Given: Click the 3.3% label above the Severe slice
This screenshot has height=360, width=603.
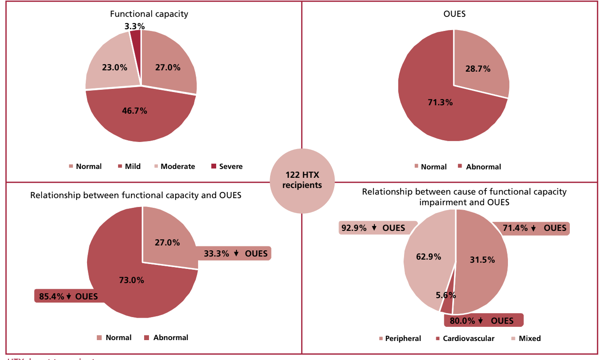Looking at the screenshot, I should [134, 26].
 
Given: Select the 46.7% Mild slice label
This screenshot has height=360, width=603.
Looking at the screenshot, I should [134, 111].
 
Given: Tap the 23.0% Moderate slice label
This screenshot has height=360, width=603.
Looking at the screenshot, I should [114, 68].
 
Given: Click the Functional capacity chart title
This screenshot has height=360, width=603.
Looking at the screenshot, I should [149, 14].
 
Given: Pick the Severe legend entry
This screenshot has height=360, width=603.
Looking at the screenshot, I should [227, 166].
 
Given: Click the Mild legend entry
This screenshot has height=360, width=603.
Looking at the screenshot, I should [129, 166].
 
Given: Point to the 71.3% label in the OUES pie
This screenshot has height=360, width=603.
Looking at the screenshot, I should [440, 102].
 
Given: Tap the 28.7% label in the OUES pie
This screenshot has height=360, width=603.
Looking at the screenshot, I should [478, 69].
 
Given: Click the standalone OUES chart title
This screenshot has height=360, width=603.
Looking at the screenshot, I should [454, 14].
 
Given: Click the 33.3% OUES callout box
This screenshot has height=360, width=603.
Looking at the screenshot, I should [236, 253].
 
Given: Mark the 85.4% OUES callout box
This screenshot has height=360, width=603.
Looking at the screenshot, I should [69, 296].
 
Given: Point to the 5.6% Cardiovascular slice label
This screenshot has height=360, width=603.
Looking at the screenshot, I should [446, 295].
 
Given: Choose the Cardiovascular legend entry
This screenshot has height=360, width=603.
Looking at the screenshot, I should [465, 338].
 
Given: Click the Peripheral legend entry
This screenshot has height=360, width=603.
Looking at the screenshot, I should [400, 338].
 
